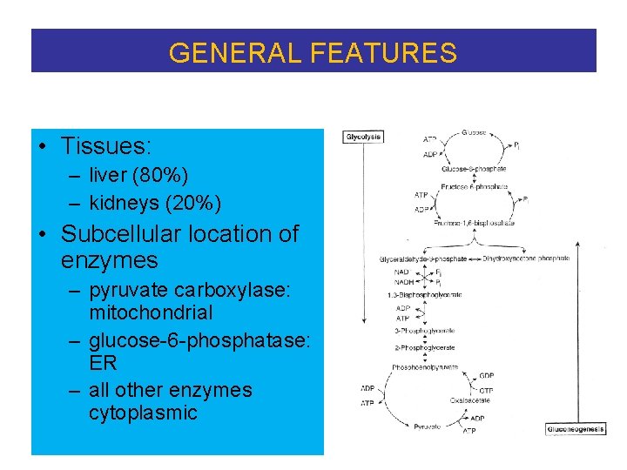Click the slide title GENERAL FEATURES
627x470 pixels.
tap(313, 53)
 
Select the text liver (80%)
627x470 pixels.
tap(138, 176)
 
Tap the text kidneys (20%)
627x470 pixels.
tap(154, 203)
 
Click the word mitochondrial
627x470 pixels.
tap(150, 312)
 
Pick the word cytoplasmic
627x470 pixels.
tap(143, 413)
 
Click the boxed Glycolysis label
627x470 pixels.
tap(363, 137)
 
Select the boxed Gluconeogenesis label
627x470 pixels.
tap(576, 429)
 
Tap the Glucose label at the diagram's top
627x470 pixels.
tap(475, 132)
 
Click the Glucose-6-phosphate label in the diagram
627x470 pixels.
tap(474, 169)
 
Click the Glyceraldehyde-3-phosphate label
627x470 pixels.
tap(421, 258)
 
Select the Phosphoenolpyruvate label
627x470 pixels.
tap(426, 366)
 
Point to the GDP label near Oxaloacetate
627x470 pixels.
tap(487, 376)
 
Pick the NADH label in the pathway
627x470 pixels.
tap(401, 282)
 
